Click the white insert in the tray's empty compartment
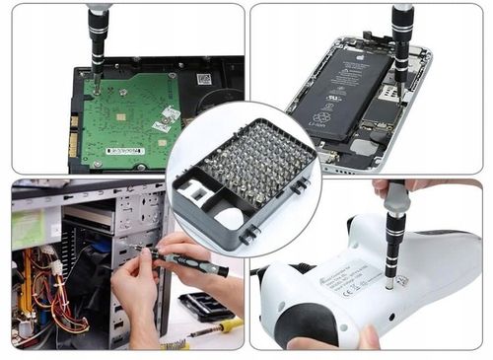tap(229, 219)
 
